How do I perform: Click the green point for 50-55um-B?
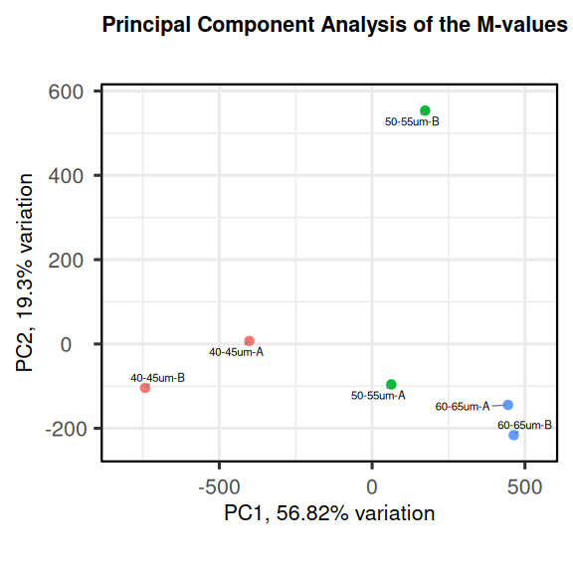click(425, 110)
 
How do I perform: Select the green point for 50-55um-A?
click(391, 384)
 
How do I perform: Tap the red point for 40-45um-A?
click(250, 341)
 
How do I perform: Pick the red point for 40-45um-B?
click(145, 388)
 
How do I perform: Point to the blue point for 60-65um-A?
click(508, 405)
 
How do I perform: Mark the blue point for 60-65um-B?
click(513, 435)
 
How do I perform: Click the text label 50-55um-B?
click(412, 121)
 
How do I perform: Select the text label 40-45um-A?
click(236, 352)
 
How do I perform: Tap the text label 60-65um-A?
click(463, 406)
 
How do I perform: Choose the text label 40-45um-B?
click(158, 378)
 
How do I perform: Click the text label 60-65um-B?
click(525, 425)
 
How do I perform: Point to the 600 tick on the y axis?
click(66, 92)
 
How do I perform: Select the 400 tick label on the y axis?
click(66, 176)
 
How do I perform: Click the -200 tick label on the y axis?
click(66, 429)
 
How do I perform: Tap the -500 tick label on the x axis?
click(219, 487)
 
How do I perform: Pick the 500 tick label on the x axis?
click(525, 487)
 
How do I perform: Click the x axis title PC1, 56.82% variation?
click(329, 513)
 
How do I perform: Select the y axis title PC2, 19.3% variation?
click(24, 273)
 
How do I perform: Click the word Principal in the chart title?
click(146, 25)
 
